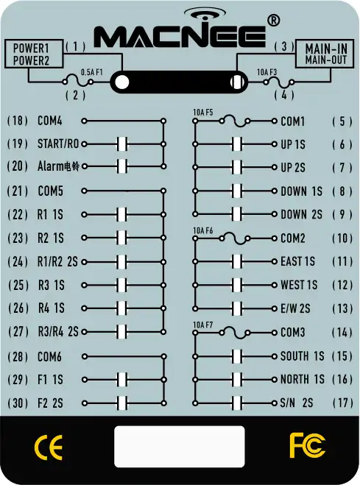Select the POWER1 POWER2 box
[34, 54]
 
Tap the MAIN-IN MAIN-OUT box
[325, 54]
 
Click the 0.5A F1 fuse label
[91, 72]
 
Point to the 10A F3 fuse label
[267, 72]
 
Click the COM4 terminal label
[50, 121]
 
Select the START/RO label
[58, 144]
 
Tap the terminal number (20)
[18, 166]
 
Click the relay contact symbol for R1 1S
[122, 214]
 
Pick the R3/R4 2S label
[58, 332]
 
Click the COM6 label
[49, 357]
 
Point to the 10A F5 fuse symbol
[234, 121]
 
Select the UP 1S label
[293, 144]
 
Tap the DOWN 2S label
[301, 214]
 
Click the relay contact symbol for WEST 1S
[237, 285]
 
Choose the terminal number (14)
[342, 333]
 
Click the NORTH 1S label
[302, 379]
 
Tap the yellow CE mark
[49, 447]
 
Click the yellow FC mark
[307, 445]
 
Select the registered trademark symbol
[273, 21]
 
